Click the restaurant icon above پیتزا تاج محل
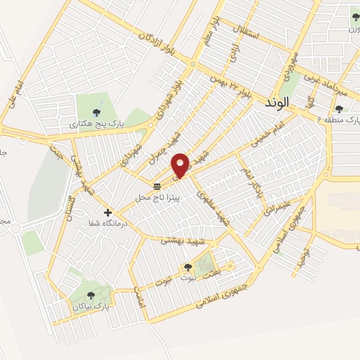tap(157, 186)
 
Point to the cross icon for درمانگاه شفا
tap(108, 212)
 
